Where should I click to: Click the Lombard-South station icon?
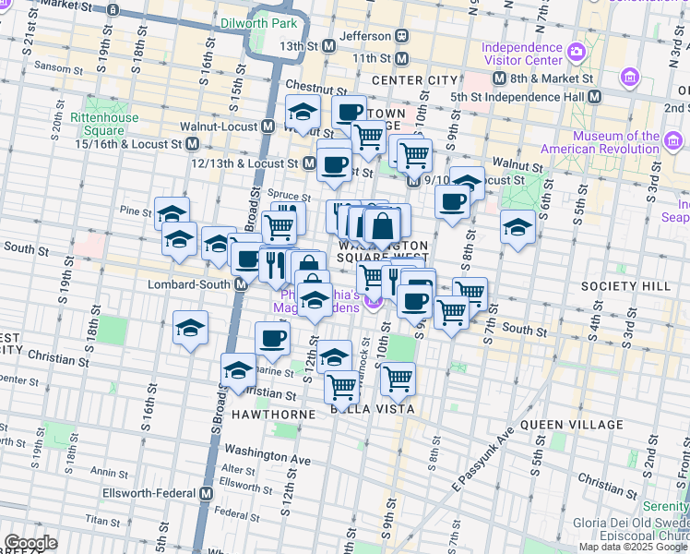tap(240, 284)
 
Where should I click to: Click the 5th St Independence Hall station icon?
tap(595, 96)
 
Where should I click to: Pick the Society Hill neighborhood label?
tap(631, 286)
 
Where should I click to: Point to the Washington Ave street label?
tap(268, 458)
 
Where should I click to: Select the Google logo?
tap(30, 543)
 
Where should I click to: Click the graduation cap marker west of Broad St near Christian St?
tap(191, 328)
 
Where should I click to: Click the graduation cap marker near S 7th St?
tap(517, 226)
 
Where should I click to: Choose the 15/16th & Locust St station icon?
tap(193, 144)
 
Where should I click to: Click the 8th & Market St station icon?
tap(500, 79)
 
